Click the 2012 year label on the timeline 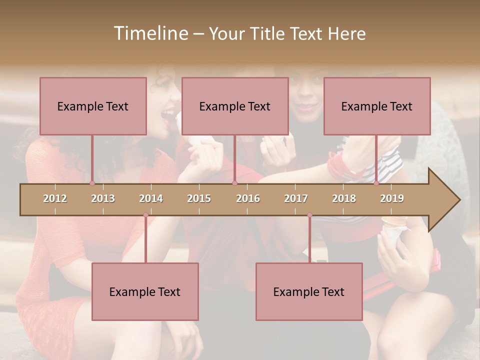pos(55,198)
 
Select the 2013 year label pos(103,198)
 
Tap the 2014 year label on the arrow pos(151,198)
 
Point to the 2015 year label pos(199,198)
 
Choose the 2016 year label pos(248,198)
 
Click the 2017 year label pos(296,198)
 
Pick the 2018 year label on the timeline pos(344,198)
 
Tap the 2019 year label pos(392,198)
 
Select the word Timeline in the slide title pos(149,33)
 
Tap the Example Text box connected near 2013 pos(93,106)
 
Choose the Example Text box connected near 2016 pos(235,106)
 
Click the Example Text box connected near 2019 pos(377,106)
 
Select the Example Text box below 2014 pos(145,291)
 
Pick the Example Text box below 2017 pos(309,291)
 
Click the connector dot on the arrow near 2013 pos(92,183)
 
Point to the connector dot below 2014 pos(145,215)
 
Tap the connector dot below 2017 pos(309,215)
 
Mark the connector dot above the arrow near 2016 pos(234,183)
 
